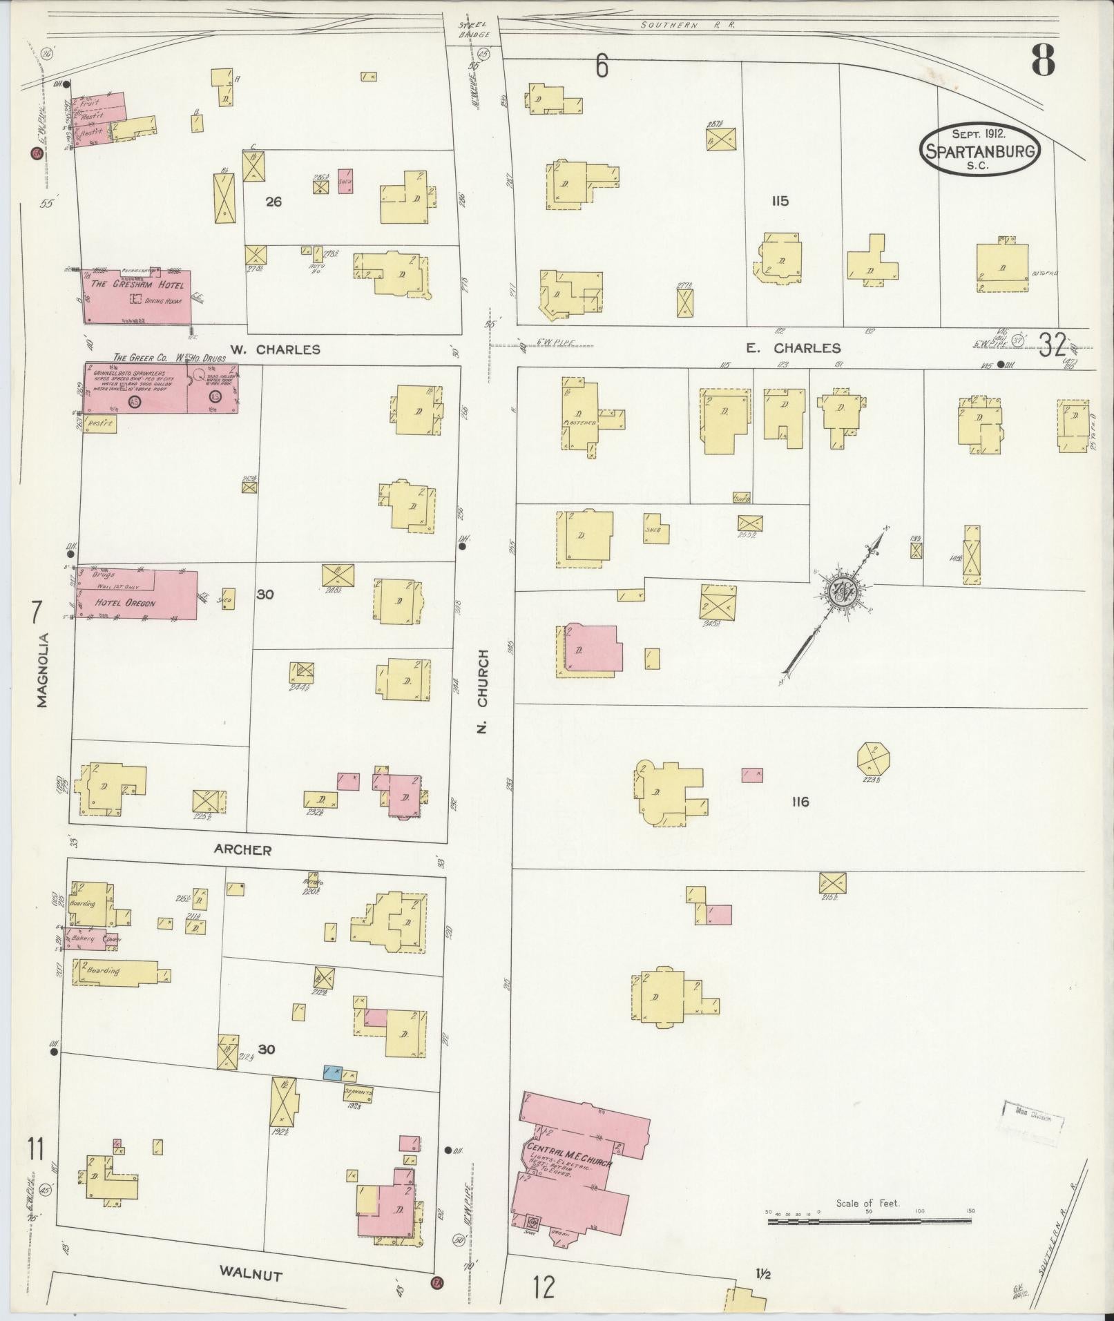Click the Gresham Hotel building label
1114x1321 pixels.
(138, 285)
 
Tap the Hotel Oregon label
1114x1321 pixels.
(125, 603)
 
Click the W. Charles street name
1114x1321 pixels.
(275, 349)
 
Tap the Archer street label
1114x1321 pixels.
(242, 850)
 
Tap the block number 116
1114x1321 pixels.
(800, 802)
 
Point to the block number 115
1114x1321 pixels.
(780, 202)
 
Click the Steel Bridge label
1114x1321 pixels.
(474, 29)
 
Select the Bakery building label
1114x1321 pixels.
(82, 939)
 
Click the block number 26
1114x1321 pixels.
(274, 202)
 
